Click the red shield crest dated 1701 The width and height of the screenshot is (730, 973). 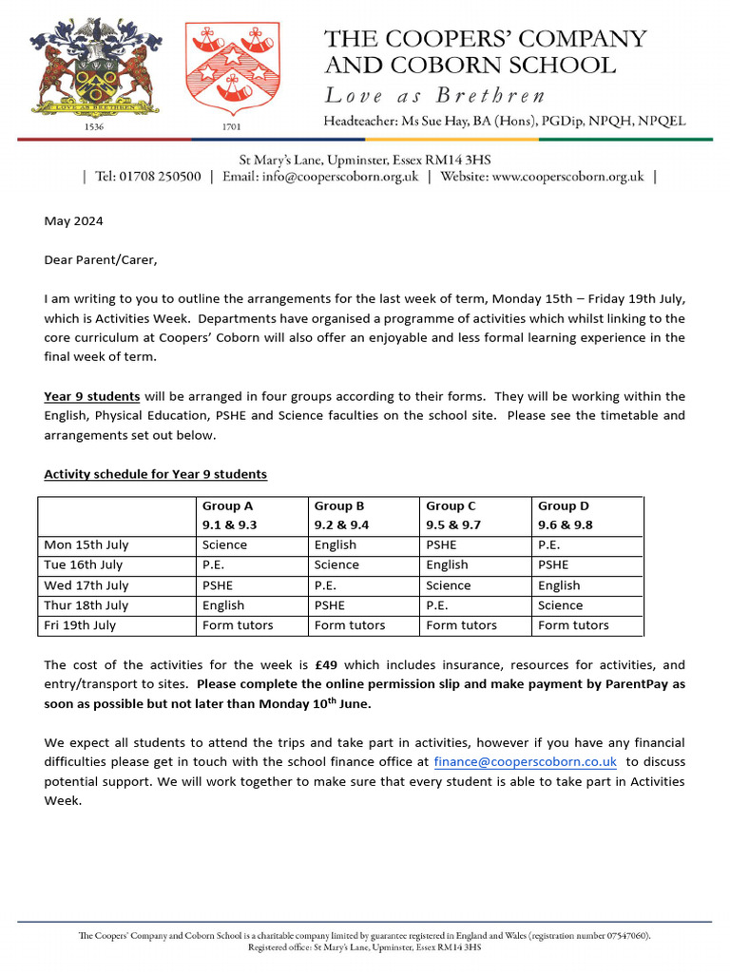[x=226, y=69]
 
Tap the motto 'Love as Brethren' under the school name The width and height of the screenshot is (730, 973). [x=435, y=95]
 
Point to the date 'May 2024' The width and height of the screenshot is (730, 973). [x=73, y=221]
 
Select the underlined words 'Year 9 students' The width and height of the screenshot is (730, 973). [x=92, y=396]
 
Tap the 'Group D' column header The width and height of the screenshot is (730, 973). [x=564, y=506]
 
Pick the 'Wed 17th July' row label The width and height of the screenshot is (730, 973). [x=86, y=585]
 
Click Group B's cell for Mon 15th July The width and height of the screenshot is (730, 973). [x=336, y=545]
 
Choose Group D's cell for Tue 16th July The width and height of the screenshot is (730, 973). [x=553, y=565]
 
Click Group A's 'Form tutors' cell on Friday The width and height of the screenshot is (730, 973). [x=238, y=625]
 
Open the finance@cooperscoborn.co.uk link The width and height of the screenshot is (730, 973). [x=525, y=762]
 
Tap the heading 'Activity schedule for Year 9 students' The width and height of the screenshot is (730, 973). [x=156, y=474]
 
